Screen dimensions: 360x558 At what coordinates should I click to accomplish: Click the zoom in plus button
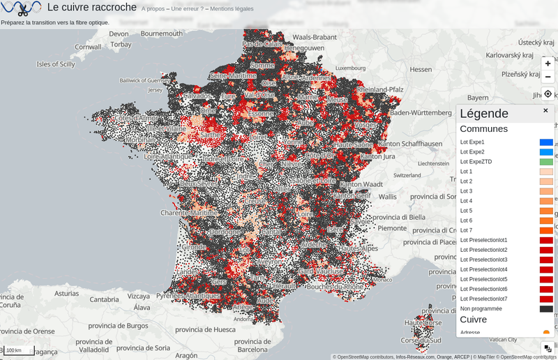coord(548,63)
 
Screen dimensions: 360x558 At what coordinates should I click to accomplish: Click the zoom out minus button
coord(548,77)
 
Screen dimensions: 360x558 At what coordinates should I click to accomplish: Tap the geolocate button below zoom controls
coord(548,93)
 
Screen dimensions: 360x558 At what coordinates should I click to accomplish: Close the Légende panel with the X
coord(545,110)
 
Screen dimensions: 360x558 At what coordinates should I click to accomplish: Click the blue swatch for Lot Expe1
coord(546,142)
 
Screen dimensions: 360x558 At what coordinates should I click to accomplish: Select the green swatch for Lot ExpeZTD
coord(546,162)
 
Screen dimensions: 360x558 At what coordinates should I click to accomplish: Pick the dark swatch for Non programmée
coord(546,308)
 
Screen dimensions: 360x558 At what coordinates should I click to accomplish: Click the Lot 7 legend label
coord(466,230)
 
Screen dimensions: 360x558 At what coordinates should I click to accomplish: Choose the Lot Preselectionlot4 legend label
coord(483,269)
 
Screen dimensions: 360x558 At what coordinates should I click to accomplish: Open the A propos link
coord(153,9)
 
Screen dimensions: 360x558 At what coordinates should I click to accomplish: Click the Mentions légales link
coord(232,9)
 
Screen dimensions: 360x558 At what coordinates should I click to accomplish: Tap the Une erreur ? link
coord(187,9)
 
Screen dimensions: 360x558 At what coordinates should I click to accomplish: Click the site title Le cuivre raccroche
coord(91,8)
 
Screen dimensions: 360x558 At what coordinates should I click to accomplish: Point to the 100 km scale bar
coord(17,350)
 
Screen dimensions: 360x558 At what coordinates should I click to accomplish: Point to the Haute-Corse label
coord(423,322)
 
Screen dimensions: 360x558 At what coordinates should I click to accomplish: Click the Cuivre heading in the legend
coord(474,320)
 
